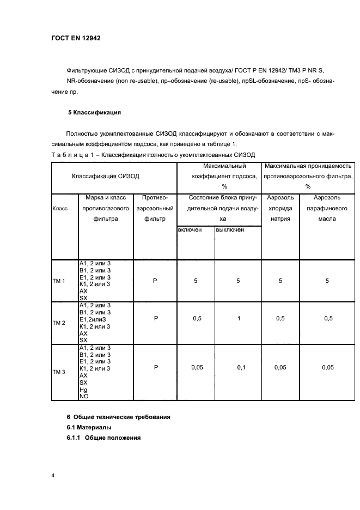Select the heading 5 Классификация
click(94, 112)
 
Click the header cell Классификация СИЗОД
click(106, 176)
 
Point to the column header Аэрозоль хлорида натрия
click(280, 208)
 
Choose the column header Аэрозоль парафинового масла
click(327, 208)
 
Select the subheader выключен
click(230, 230)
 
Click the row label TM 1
click(58, 281)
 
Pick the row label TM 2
click(58, 323)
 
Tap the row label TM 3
click(58, 372)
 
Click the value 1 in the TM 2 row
click(239, 319)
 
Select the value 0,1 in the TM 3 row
click(241, 368)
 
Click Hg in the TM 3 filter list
click(83, 390)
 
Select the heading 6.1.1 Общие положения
click(103, 438)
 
